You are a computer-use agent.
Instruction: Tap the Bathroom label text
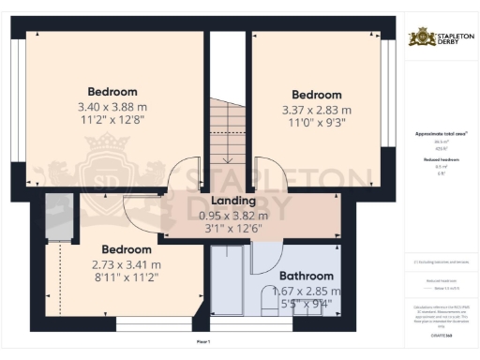coord(307,277)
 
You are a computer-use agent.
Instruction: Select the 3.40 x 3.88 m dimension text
coord(112,108)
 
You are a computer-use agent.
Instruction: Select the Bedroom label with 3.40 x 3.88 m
coord(112,92)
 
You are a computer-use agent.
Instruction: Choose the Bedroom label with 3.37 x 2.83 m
coord(315,96)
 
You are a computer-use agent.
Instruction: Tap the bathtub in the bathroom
coord(226,286)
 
